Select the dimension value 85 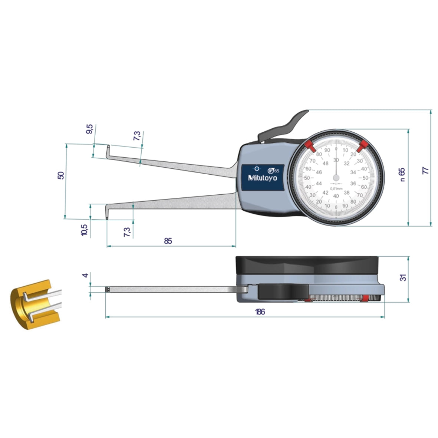click(x=168, y=241)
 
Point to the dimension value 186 click(x=260, y=312)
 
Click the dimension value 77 click(x=426, y=171)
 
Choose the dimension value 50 click(x=62, y=175)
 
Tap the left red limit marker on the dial click(x=310, y=146)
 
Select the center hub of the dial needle click(x=336, y=178)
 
